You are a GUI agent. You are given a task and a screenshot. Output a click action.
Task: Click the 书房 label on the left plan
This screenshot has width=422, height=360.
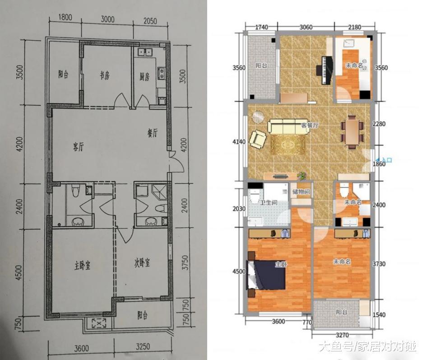click(105, 76)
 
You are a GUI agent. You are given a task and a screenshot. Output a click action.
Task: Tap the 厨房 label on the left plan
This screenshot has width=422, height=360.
click(144, 77)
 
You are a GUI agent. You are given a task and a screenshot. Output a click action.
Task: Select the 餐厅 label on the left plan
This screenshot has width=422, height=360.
click(153, 133)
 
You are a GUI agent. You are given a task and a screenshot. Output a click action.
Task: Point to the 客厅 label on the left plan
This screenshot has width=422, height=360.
click(79, 147)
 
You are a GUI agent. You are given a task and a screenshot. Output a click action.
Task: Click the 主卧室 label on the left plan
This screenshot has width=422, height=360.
click(82, 266)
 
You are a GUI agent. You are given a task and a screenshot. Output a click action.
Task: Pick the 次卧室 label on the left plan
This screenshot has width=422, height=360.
click(142, 262)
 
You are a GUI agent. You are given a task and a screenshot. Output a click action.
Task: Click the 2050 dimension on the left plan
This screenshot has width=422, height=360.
click(150, 21)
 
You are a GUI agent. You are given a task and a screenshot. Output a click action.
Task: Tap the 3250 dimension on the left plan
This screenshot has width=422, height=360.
click(143, 346)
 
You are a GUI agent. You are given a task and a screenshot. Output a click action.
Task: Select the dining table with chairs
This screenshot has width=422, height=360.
click(352, 131)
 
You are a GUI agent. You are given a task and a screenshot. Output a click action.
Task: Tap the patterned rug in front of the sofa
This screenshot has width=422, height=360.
click(288, 145)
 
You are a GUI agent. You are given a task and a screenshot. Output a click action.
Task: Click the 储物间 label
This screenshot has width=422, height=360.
click(301, 192)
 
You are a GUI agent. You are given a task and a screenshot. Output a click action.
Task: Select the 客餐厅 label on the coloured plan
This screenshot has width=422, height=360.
click(310, 125)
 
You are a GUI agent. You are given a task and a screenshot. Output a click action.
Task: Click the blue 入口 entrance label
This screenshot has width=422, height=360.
click(385, 160)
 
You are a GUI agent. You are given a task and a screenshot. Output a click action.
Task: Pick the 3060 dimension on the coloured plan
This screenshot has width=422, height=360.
click(306, 27)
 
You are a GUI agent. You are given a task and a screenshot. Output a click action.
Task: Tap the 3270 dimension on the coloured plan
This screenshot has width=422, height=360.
click(342, 335)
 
